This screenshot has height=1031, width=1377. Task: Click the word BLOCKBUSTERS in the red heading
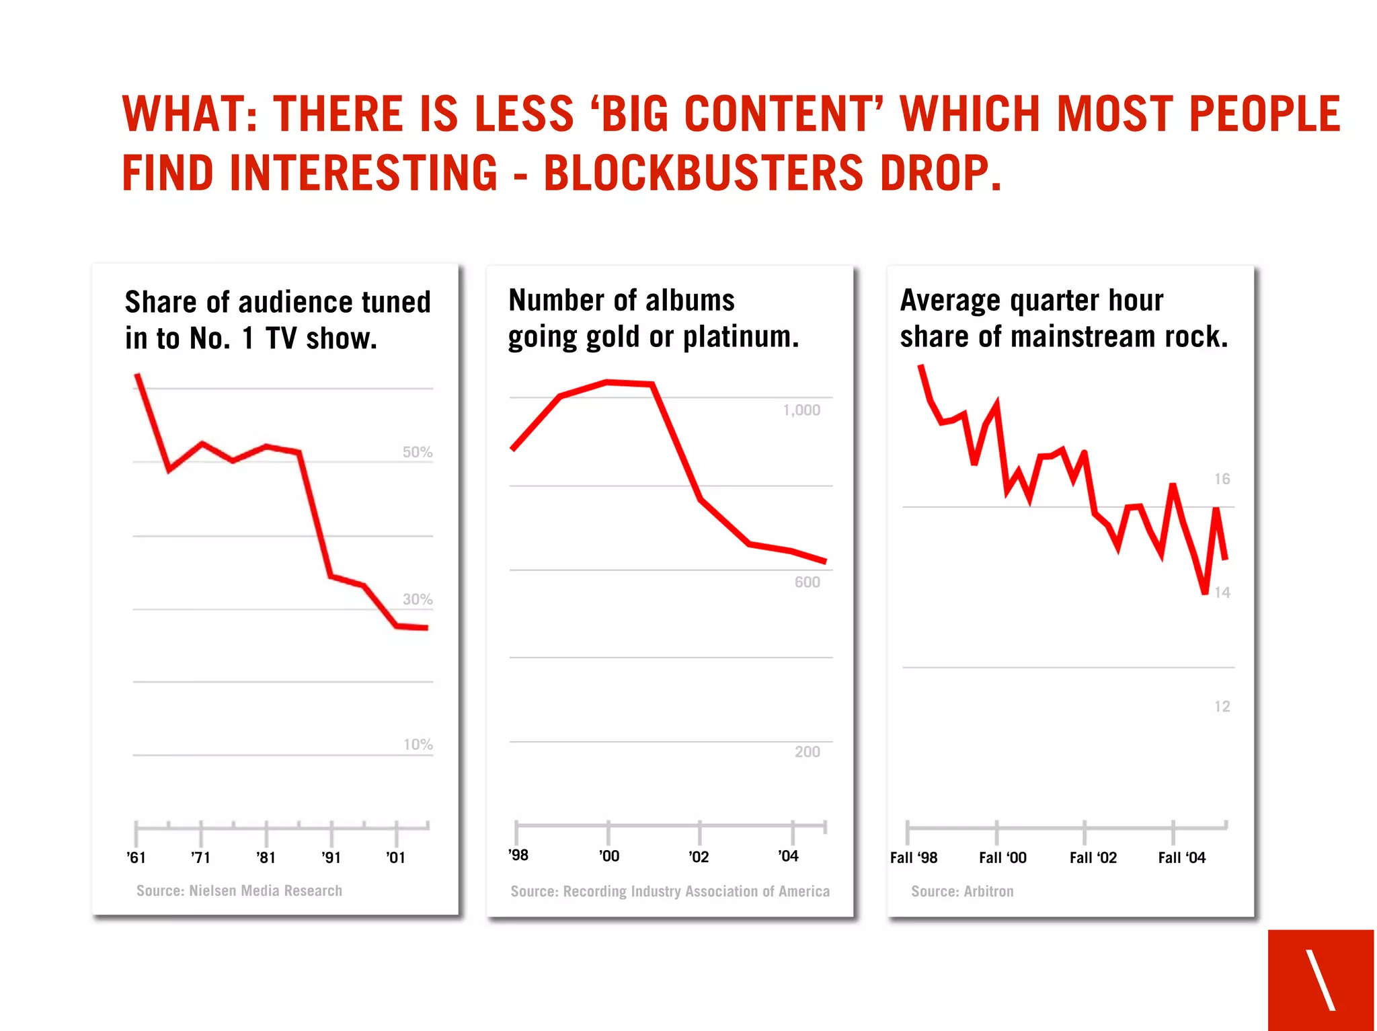pyautogui.click(x=703, y=173)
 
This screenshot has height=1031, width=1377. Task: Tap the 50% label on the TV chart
pyautogui.click(x=417, y=452)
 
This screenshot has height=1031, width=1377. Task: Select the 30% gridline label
pyautogui.click(x=417, y=599)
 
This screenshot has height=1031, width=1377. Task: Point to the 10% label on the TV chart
pyautogui.click(x=418, y=744)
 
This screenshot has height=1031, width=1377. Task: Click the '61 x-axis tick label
pyautogui.click(x=136, y=857)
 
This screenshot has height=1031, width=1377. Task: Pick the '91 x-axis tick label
pyautogui.click(x=331, y=857)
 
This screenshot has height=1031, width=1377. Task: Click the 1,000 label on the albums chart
pyautogui.click(x=801, y=410)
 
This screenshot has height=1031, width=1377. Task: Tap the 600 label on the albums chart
pyautogui.click(x=807, y=582)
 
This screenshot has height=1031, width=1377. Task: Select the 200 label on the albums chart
pyautogui.click(x=807, y=752)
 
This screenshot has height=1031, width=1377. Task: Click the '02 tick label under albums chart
pyautogui.click(x=699, y=857)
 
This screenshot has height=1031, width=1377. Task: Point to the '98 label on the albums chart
pyautogui.click(x=518, y=855)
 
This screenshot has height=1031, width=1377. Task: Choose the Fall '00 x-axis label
pyautogui.click(x=1002, y=857)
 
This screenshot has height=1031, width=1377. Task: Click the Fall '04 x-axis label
pyautogui.click(x=1181, y=857)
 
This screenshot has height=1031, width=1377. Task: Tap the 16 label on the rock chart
pyautogui.click(x=1222, y=479)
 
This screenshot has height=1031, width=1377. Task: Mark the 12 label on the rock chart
pyautogui.click(x=1222, y=706)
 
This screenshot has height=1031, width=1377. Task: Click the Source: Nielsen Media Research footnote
pyautogui.click(x=239, y=890)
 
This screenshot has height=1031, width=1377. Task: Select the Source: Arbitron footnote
pyautogui.click(x=962, y=891)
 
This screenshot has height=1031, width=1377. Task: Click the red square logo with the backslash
pyautogui.click(x=1321, y=980)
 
